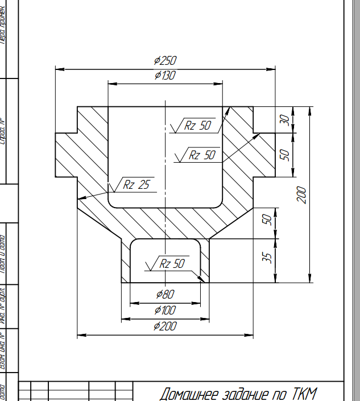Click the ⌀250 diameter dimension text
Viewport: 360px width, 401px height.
click(x=165, y=61)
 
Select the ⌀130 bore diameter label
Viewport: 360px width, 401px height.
click(x=165, y=75)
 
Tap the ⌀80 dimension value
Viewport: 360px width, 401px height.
click(x=165, y=294)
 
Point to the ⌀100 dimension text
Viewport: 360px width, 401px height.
click(x=165, y=311)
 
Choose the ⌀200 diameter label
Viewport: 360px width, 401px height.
click(x=165, y=326)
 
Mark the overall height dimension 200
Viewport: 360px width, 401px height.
click(x=302, y=195)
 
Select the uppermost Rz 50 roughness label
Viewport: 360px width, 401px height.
click(x=197, y=126)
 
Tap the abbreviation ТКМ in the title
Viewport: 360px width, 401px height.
click(x=304, y=394)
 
